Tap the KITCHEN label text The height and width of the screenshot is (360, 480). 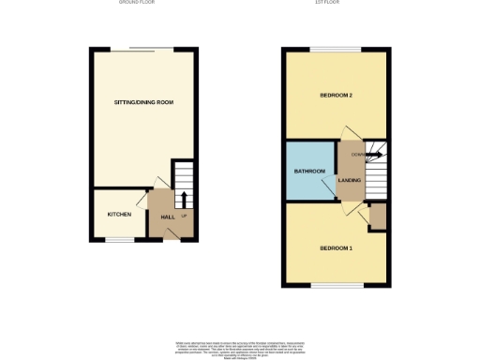pyautogui.click(x=119, y=215)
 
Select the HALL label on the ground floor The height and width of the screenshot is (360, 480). pyautogui.click(x=168, y=217)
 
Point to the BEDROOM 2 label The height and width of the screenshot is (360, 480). pyautogui.click(x=336, y=95)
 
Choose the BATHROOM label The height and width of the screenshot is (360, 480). pyautogui.click(x=309, y=172)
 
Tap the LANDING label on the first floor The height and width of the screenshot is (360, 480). pyautogui.click(x=351, y=180)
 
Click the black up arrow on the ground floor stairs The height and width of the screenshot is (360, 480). pyautogui.click(x=184, y=198)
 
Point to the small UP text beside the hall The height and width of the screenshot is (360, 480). pyautogui.click(x=184, y=217)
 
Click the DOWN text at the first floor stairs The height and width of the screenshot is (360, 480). pyautogui.click(x=358, y=154)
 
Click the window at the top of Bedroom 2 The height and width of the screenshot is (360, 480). pyautogui.click(x=336, y=49)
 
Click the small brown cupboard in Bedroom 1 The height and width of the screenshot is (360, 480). pyautogui.click(x=378, y=217)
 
